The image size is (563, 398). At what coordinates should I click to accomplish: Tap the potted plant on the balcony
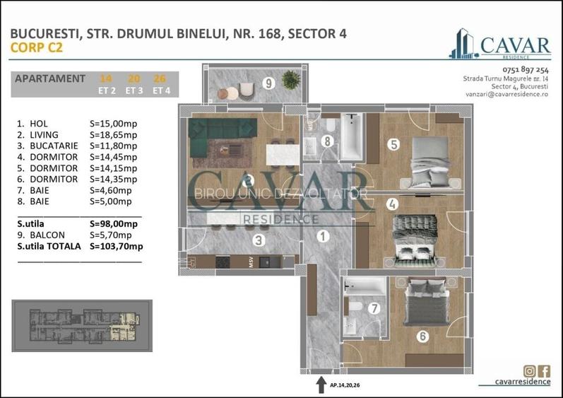point(290,80)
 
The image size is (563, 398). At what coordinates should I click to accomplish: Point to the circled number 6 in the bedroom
point(422,336)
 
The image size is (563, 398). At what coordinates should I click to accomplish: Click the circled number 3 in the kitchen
point(260,240)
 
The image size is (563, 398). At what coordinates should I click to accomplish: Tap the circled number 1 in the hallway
point(323,237)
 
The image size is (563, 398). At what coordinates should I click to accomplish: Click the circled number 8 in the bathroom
point(326,141)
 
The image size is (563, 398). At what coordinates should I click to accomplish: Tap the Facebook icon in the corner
point(544,371)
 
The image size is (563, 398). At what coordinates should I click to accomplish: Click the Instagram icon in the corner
point(529,371)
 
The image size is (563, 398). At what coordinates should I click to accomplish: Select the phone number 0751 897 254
point(525,70)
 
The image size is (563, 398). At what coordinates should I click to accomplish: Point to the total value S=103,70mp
point(117,246)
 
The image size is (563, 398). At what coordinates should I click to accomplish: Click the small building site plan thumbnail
point(81,324)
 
